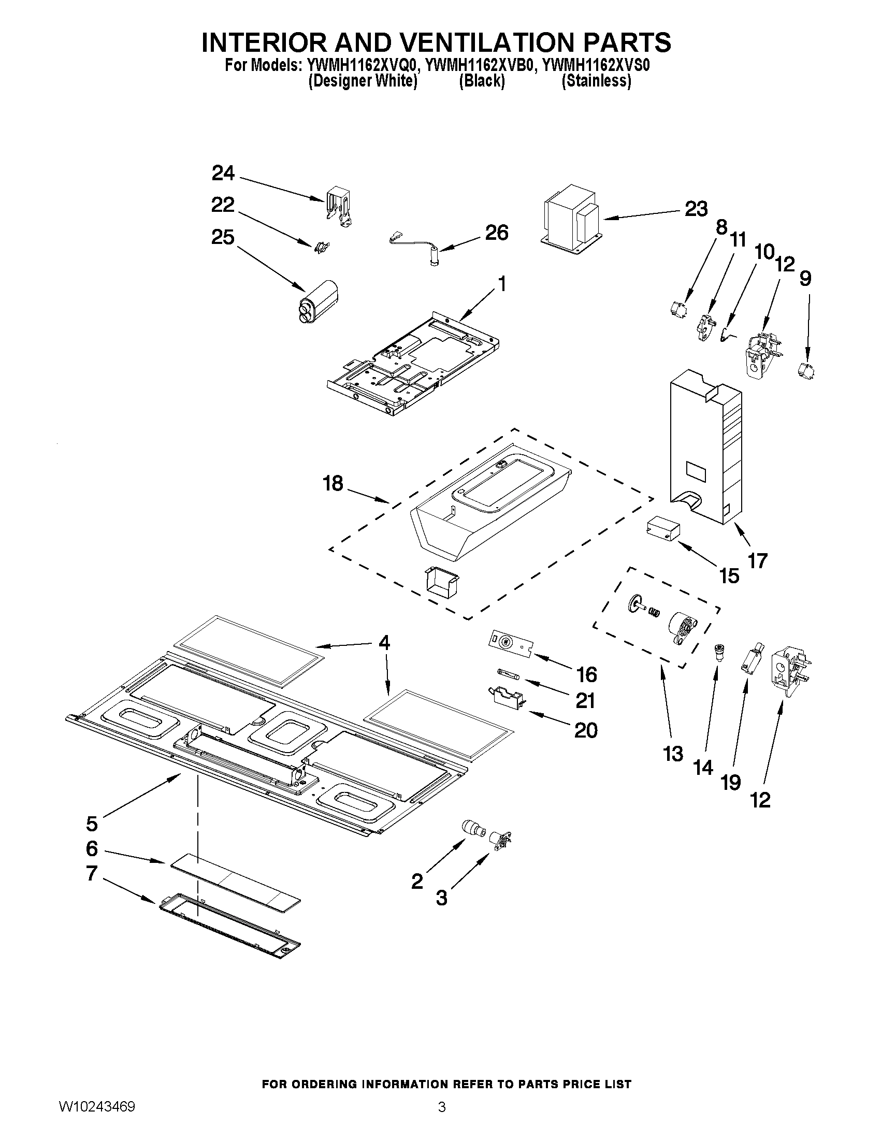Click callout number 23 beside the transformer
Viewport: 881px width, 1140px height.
tap(696, 209)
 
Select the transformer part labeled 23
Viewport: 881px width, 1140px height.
tap(572, 219)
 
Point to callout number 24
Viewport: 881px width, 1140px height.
tap(223, 174)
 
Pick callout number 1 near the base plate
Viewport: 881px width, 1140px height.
tap(501, 284)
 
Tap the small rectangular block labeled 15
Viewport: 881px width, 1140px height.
tap(662, 529)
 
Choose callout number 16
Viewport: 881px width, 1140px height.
tap(587, 675)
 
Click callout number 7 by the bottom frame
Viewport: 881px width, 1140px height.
tap(92, 873)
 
